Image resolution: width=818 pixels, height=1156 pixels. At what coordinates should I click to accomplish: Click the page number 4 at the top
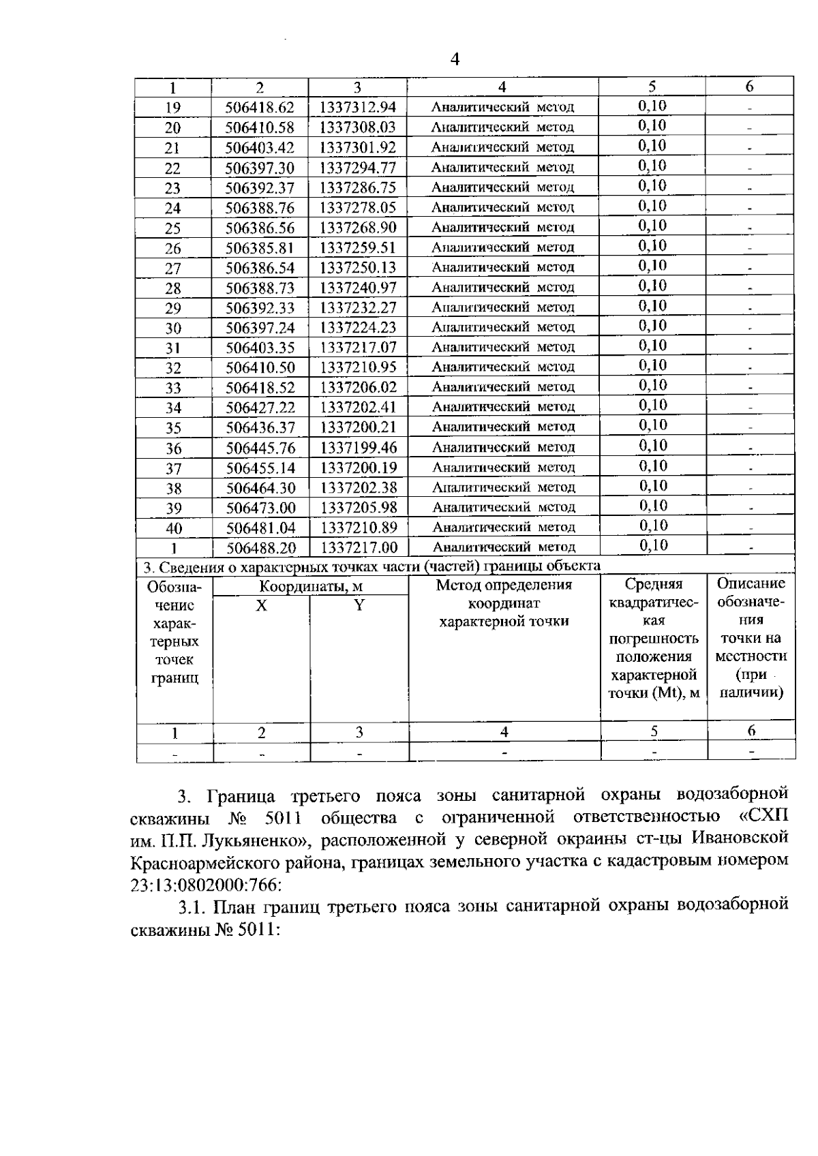455,59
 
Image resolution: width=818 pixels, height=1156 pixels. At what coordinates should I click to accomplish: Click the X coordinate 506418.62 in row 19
260,108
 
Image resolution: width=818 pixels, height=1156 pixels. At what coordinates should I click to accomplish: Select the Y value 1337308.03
357,127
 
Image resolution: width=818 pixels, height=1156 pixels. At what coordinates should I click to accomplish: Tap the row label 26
173,248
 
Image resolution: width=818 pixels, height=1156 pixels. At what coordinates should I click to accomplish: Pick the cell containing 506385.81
260,248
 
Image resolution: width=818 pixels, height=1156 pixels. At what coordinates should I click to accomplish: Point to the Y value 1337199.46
359,448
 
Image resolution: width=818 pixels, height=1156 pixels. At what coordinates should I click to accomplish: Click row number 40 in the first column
174,528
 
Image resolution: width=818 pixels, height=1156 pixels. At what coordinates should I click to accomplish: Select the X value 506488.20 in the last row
260,548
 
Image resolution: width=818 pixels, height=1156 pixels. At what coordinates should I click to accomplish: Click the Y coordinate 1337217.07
358,348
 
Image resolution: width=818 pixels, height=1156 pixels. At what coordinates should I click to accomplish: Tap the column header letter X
261,605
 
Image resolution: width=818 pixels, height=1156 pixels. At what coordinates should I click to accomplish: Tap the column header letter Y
359,605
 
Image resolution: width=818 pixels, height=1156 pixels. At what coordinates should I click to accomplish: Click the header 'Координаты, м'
310,587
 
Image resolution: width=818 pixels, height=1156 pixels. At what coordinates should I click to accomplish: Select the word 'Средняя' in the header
654,584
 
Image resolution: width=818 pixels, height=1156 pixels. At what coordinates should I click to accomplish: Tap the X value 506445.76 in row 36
260,448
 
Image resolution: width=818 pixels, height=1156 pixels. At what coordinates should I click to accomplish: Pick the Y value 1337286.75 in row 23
358,188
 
